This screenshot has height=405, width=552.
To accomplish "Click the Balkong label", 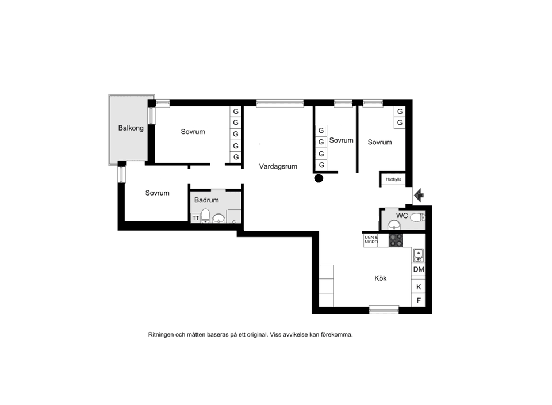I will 131,128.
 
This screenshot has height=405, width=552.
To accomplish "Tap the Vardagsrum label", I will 278,166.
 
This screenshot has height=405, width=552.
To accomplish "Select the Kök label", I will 380,278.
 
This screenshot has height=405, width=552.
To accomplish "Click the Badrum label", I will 206,200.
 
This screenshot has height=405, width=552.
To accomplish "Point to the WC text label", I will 402,216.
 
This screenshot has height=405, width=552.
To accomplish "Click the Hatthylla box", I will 393,179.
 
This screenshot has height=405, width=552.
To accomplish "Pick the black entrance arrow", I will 419,196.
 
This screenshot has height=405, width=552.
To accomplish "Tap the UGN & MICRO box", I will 371,240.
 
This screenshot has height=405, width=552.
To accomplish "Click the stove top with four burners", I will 396,240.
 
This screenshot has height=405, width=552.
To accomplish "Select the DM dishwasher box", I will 419,269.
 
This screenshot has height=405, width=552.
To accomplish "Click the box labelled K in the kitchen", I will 419,286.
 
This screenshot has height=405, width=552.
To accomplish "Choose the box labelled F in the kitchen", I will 419,300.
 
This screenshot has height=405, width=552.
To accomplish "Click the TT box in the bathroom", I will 195,218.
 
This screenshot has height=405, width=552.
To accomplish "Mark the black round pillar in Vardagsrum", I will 319,178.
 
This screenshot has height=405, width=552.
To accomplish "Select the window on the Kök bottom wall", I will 384,310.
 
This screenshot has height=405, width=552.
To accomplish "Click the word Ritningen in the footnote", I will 162,334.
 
